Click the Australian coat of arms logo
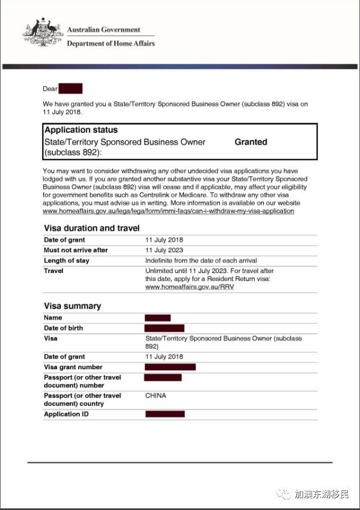pos(43,33)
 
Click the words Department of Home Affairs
pos(111,43)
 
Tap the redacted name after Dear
pos(71,88)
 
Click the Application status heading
pos(81,130)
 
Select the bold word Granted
pos(250,142)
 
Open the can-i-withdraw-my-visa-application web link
pos(168,211)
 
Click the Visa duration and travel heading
pos(92,228)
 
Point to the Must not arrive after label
pos(76,250)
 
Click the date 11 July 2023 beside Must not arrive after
pos(164,250)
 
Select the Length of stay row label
pos(66,261)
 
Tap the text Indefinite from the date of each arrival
pos(201,261)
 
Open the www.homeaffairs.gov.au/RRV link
pos(190,287)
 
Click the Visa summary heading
pos(73,306)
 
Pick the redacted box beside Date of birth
pos(164,328)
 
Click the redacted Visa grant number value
pos(170,367)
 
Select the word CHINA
pos(156,396)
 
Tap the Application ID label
pos(66,414)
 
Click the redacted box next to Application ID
pos(165,414)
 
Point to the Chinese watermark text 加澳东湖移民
pos(322,494)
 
